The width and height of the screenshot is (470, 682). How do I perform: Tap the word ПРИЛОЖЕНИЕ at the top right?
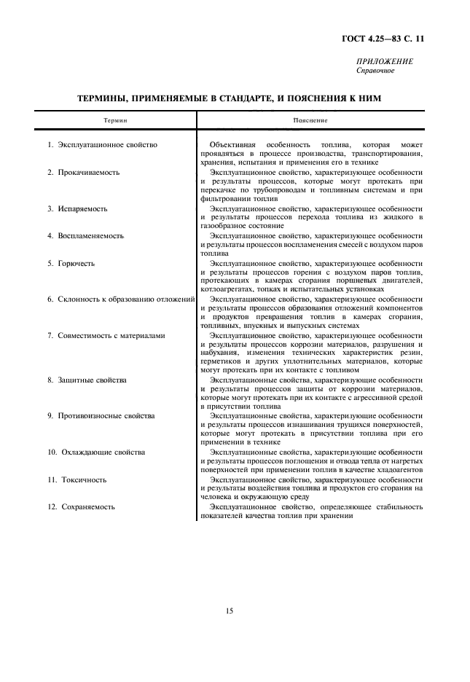pos(385,62)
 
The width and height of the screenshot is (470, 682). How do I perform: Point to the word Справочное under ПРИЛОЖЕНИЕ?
pos(375,71)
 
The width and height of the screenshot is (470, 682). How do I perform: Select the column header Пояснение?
pos(310,119)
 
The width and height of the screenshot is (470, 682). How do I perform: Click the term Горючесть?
pos(77,262)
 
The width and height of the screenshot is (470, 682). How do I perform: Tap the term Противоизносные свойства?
pos(106,415)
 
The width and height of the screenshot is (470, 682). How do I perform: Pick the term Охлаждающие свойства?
pos(102,452)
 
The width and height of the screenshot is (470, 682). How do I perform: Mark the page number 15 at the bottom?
pos(230,611)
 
